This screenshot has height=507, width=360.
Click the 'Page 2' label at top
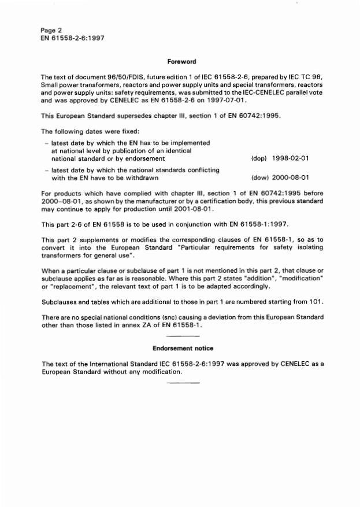tap(51, 29)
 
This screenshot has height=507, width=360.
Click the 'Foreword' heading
tap(182, 61)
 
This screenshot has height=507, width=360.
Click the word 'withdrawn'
tap(140, 178)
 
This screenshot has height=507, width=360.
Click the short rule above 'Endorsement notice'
tap(182, 336)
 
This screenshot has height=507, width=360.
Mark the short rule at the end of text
tap(182, 383)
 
